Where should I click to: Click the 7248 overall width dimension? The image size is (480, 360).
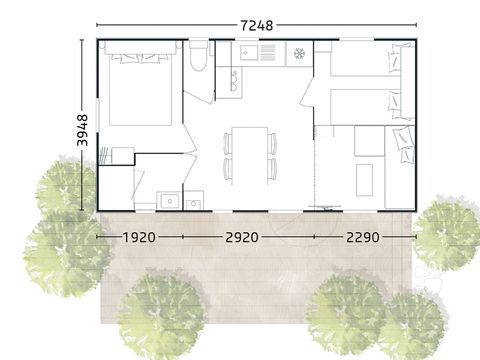pyautogui.click(x=258, y=24)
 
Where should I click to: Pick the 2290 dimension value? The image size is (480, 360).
pyautogui.click(x=364, y=238)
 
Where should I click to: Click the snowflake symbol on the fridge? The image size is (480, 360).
pyautogui.click(x=299, y=52)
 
